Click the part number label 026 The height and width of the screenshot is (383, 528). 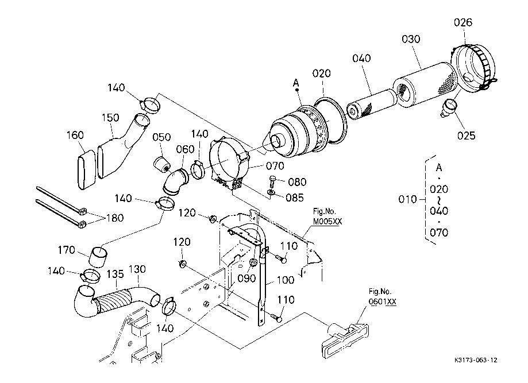point(463,22)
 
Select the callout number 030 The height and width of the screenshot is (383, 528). point(411,39)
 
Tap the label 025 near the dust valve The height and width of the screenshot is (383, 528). point(466,136)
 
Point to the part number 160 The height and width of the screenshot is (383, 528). point(75,135)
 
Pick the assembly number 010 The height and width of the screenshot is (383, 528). point(407,199)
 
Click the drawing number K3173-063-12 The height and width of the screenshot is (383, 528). point(475,360)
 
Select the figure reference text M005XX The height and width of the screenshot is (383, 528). point(325,221)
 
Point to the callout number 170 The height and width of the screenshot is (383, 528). point(67,250)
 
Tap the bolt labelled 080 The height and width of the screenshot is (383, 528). point(273,183)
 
